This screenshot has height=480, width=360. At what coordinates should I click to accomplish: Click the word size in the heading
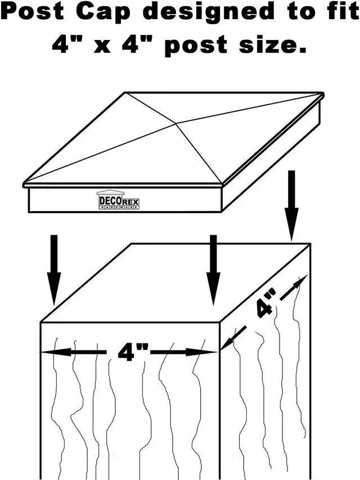272,44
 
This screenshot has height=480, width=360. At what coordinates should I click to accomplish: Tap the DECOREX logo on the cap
118,201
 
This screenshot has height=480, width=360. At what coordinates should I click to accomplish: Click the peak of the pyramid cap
176,123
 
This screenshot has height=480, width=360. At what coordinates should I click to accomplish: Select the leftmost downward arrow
54,270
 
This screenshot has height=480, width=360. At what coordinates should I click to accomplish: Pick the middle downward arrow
213,270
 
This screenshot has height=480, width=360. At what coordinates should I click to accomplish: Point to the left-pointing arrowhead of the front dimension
47,352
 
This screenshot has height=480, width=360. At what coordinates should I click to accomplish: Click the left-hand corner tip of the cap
25,185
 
